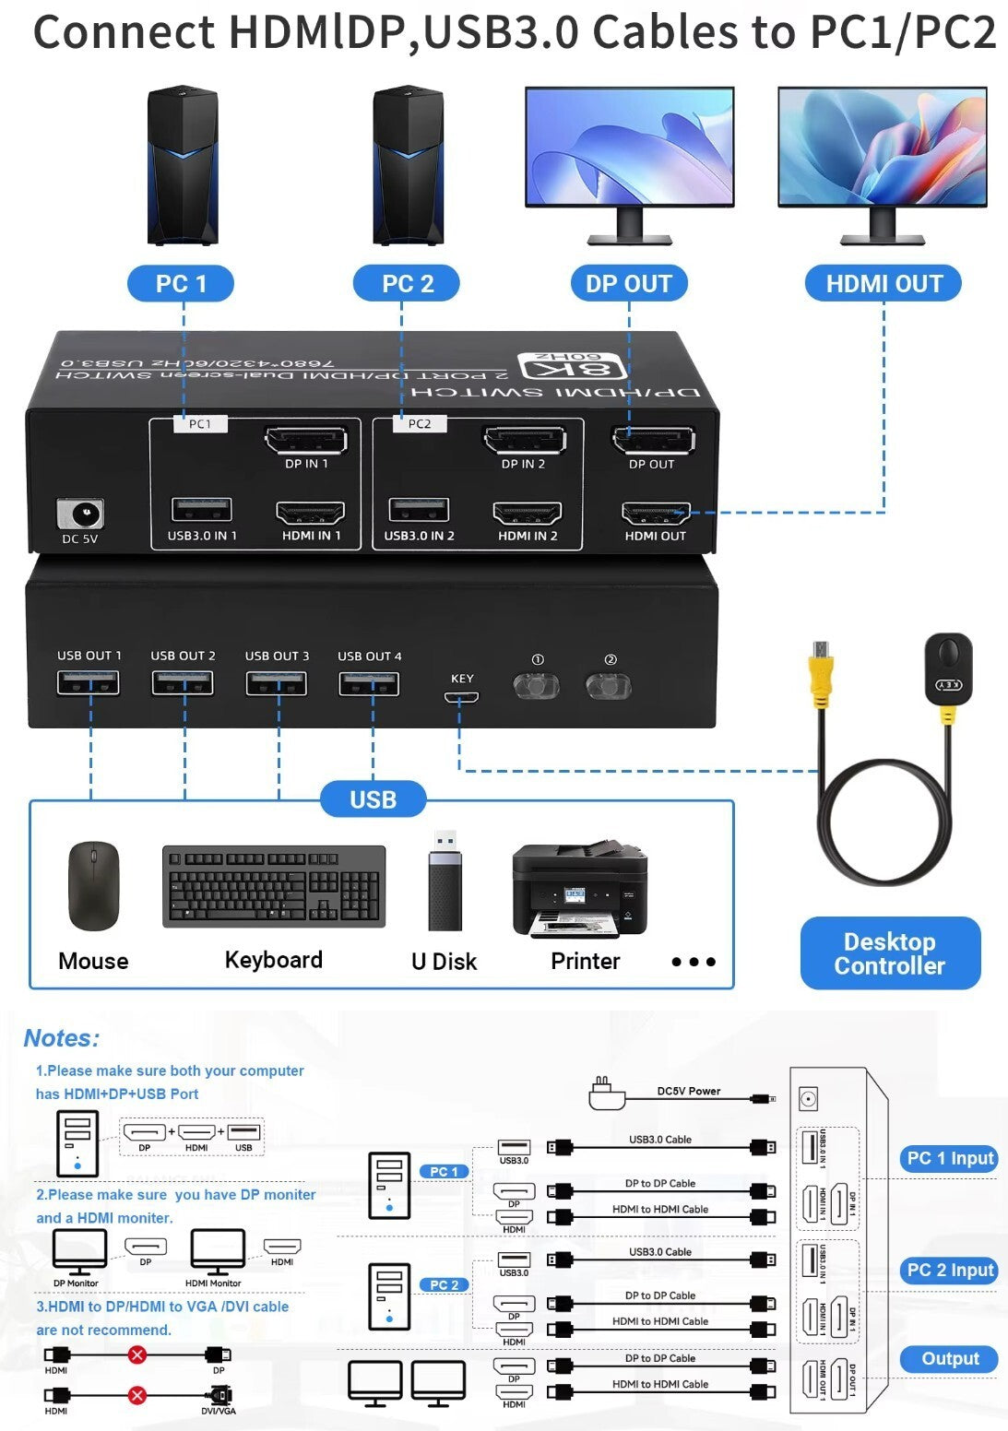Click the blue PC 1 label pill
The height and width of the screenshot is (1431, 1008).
(x=181, y=283)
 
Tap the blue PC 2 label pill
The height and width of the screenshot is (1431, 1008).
(x=407, y=283)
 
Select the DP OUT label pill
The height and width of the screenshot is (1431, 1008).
(x=629, y=283)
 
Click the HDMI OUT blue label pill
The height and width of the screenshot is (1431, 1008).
(x=883, y=283)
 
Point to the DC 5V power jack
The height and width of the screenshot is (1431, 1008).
(x=80, y=514)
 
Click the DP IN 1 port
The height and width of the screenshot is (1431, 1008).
(x=306, y=440)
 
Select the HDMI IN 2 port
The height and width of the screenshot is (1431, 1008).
(x=528, y=514)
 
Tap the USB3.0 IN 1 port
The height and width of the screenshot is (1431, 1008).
(x=201, y=509)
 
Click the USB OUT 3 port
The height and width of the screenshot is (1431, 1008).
(x=277, y=683)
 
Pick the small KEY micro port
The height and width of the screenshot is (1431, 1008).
(x=461, y=697)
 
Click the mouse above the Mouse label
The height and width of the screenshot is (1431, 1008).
(x=93, y=885)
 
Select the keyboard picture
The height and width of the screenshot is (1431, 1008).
(x=274, y=886)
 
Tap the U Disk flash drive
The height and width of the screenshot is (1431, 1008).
(x=445, y=880)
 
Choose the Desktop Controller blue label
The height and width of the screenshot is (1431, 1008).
(x=890, y=953)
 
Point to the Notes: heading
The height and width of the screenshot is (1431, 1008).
(x=61, y=1038)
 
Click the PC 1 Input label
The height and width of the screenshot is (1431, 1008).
(x=950, y=1159)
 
